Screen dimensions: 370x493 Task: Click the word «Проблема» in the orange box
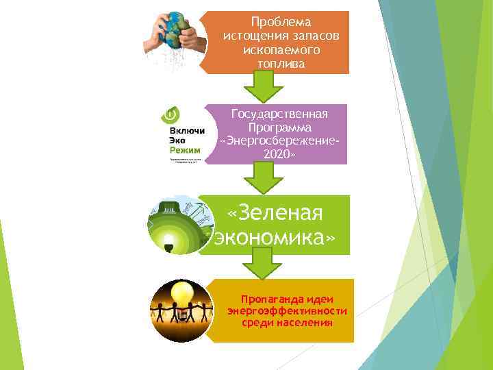(281, 22)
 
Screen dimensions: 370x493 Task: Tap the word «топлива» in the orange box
(281, 64)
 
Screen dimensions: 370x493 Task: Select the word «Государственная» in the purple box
(280, 113)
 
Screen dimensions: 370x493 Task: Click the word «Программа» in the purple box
(280, 127)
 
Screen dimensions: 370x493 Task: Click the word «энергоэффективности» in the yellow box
(287, 310)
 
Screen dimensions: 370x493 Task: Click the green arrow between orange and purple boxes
(264, 88)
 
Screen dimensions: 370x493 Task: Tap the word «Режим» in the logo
(178, 149)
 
